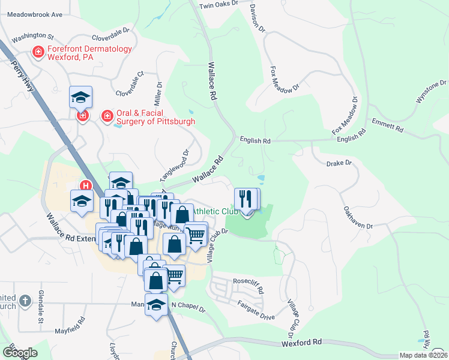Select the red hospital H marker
coord(86,187)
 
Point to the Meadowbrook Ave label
coord(31,14)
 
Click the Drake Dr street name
coord(338,163)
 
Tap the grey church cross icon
coord(25,300)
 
